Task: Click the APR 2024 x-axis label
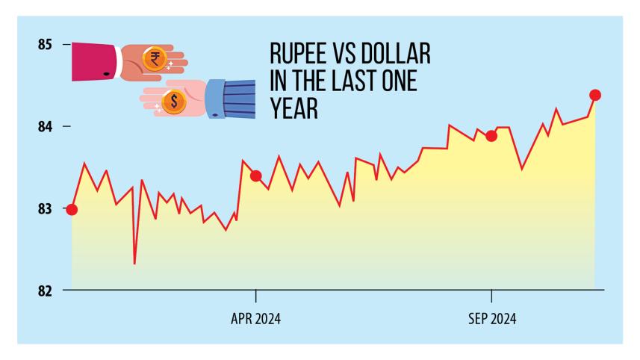pos(256,318)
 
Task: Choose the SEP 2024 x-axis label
pos(491,318)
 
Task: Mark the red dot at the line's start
pos(72,210)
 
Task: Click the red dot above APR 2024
pos(256,176)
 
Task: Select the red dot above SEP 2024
pos(491,136)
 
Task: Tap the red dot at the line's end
pos(595,95)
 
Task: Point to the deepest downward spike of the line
pos(134,263)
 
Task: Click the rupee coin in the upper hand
pos(155,58)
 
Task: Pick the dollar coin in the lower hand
pos(174,101)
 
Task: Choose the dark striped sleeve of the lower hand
pos(239,99)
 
